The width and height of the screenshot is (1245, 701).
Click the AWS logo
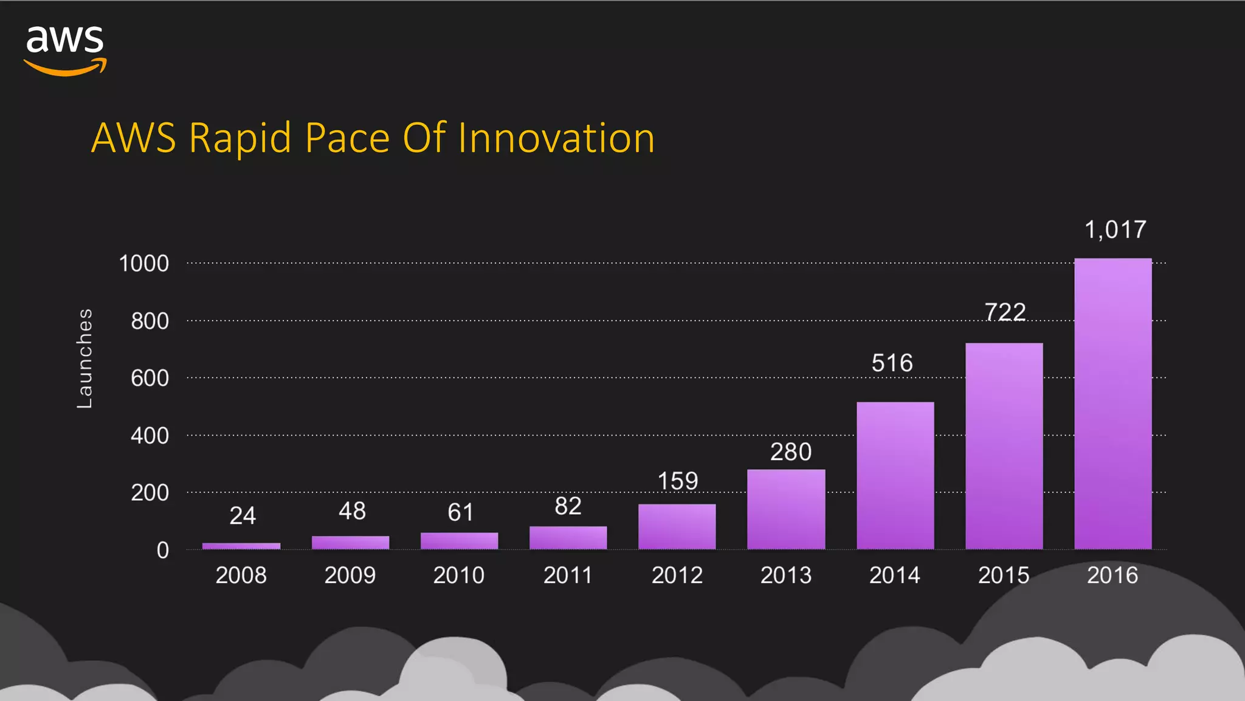(65, 50)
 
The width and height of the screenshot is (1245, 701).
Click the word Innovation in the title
(556, 138)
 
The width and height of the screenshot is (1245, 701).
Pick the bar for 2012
(677, 526)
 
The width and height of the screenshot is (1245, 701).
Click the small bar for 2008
(241, 546)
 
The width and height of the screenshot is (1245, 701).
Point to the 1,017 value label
(1115, 230)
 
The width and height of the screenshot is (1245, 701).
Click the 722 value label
(1005, 312)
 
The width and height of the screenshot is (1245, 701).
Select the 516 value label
(892, 363)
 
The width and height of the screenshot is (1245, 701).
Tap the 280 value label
(790, 452)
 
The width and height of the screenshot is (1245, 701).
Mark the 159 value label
(677, 481)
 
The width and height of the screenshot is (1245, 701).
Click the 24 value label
(242, 516)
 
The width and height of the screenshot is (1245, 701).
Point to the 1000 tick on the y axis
(143, 263)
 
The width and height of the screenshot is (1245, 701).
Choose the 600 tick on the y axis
(150, 378)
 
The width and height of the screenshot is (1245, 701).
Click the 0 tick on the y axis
(162, 550)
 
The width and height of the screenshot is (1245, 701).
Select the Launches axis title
(84, 358)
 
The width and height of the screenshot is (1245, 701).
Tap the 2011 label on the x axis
(567, 575)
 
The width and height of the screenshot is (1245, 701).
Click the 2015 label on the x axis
(1003, 575)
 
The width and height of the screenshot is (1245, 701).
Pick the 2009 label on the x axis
(350, 575)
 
